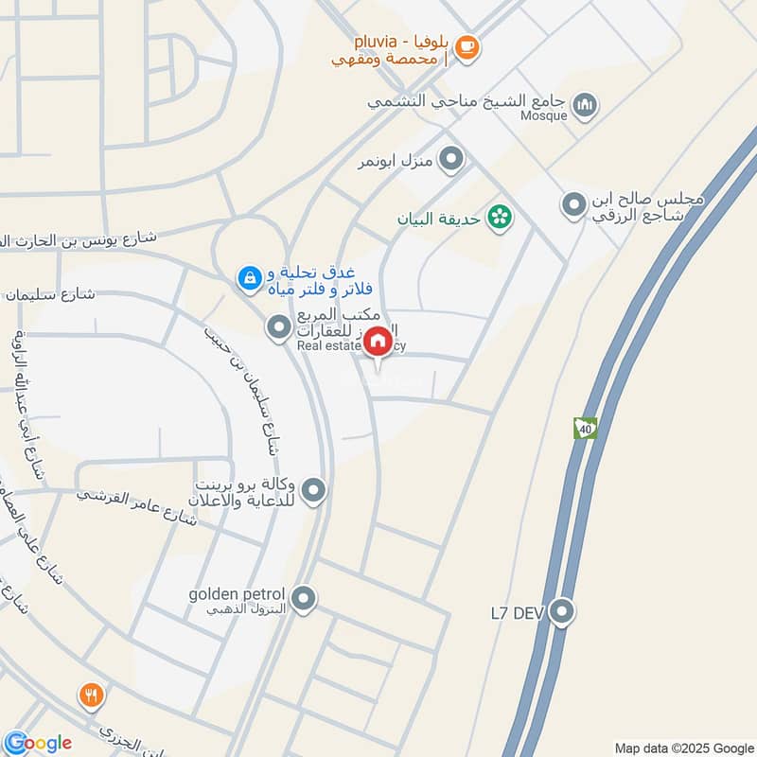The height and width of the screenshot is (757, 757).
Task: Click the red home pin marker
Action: pos(378,343)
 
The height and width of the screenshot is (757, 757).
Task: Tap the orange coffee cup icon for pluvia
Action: pos(467,45)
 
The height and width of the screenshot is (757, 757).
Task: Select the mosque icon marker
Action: pos(587,102)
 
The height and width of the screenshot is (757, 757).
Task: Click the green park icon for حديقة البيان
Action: pos(499,220)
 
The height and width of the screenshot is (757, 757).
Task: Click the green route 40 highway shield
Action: pos(586,429)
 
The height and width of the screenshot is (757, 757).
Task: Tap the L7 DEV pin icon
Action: pos(562,612)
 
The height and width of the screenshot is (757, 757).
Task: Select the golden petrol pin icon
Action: pos(304,598)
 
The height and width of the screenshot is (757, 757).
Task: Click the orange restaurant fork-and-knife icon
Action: pos(92,697)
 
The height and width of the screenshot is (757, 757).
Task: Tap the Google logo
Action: pos(38,743)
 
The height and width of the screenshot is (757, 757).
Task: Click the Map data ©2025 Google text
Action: pos(684,747)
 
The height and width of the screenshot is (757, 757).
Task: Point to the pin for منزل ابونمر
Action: pos(452,159)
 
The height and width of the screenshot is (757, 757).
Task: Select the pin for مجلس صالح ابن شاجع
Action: pos(573,203)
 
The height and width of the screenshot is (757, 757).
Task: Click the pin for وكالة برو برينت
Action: pos(314,490)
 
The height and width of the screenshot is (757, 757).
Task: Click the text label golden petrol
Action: pos(237,594)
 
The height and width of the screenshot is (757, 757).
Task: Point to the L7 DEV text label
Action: pos(514,613)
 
